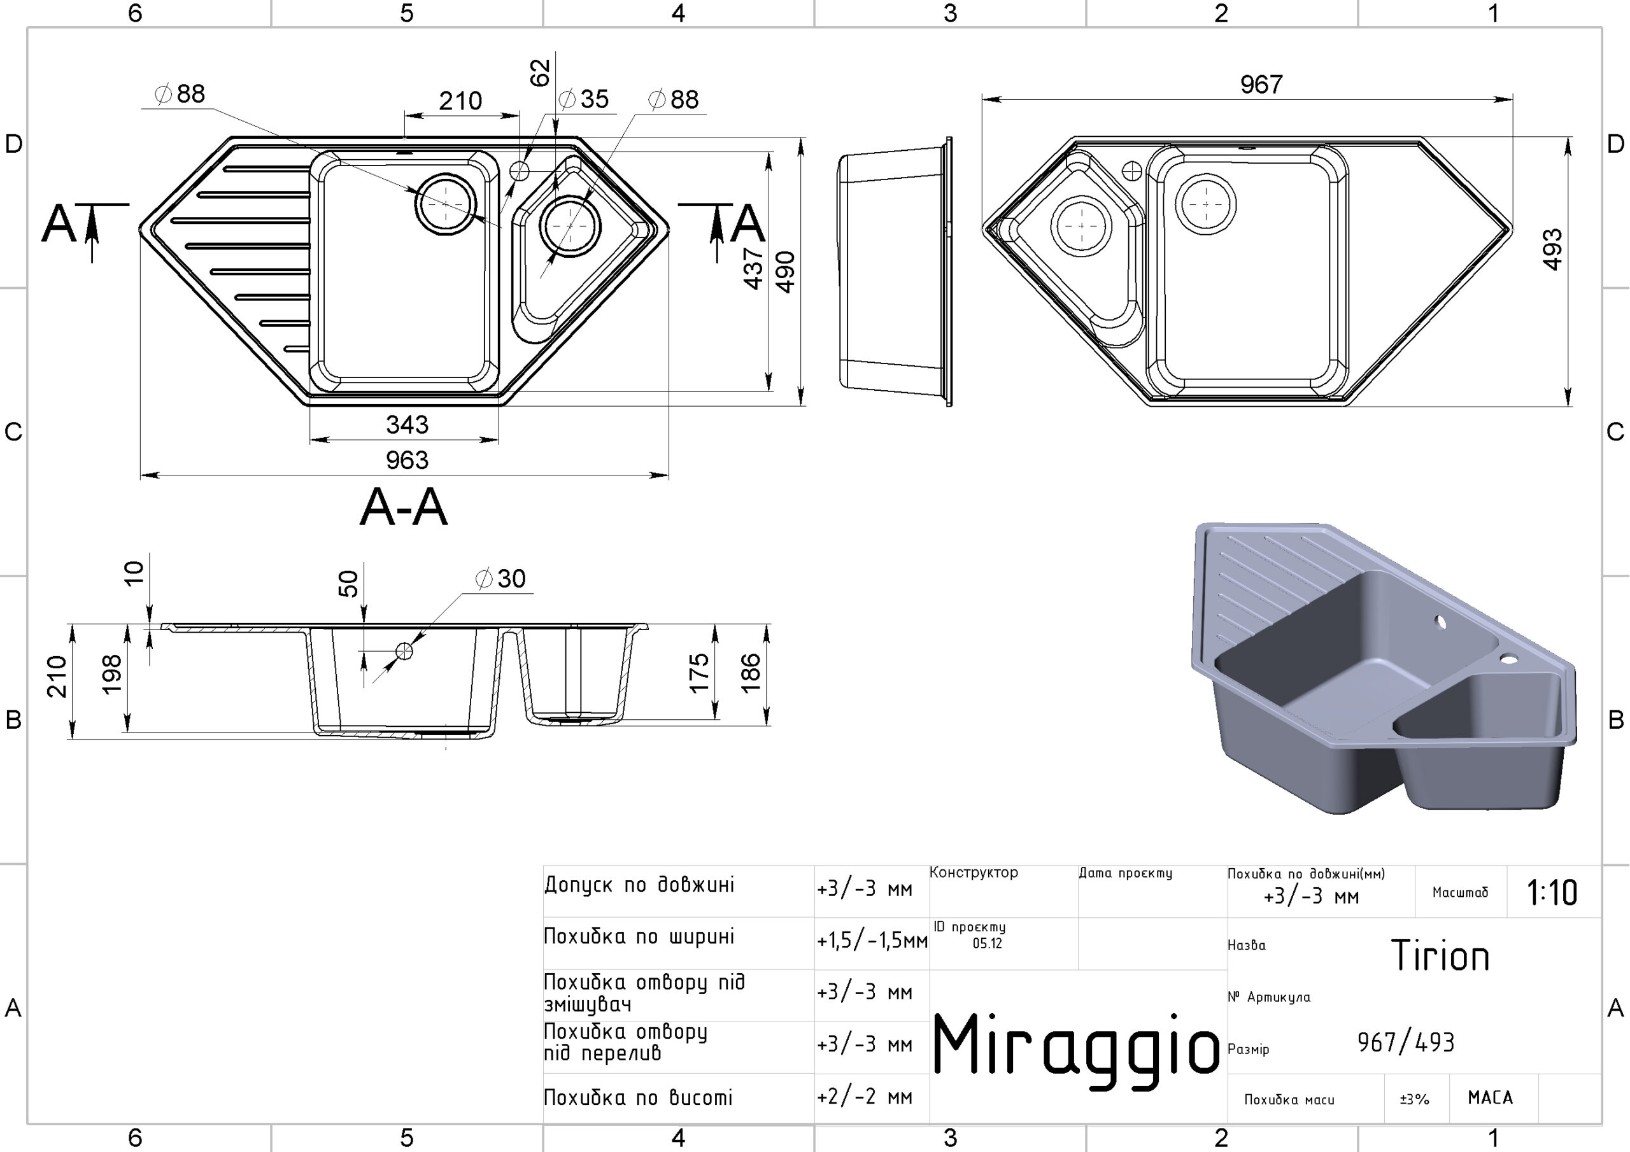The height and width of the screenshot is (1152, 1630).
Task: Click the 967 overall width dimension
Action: point(1261,85)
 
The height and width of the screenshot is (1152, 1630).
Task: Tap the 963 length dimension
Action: point(407,460)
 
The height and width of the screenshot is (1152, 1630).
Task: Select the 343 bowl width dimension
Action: point(407,425)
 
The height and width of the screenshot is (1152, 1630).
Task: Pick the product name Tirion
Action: point(1440,955)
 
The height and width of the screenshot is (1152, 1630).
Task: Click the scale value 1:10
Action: point(1552,892)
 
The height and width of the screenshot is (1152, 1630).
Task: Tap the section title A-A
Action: point(404,507)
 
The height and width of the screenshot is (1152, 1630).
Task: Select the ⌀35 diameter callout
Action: point(584,99)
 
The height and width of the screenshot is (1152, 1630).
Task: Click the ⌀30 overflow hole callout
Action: point(500,579)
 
